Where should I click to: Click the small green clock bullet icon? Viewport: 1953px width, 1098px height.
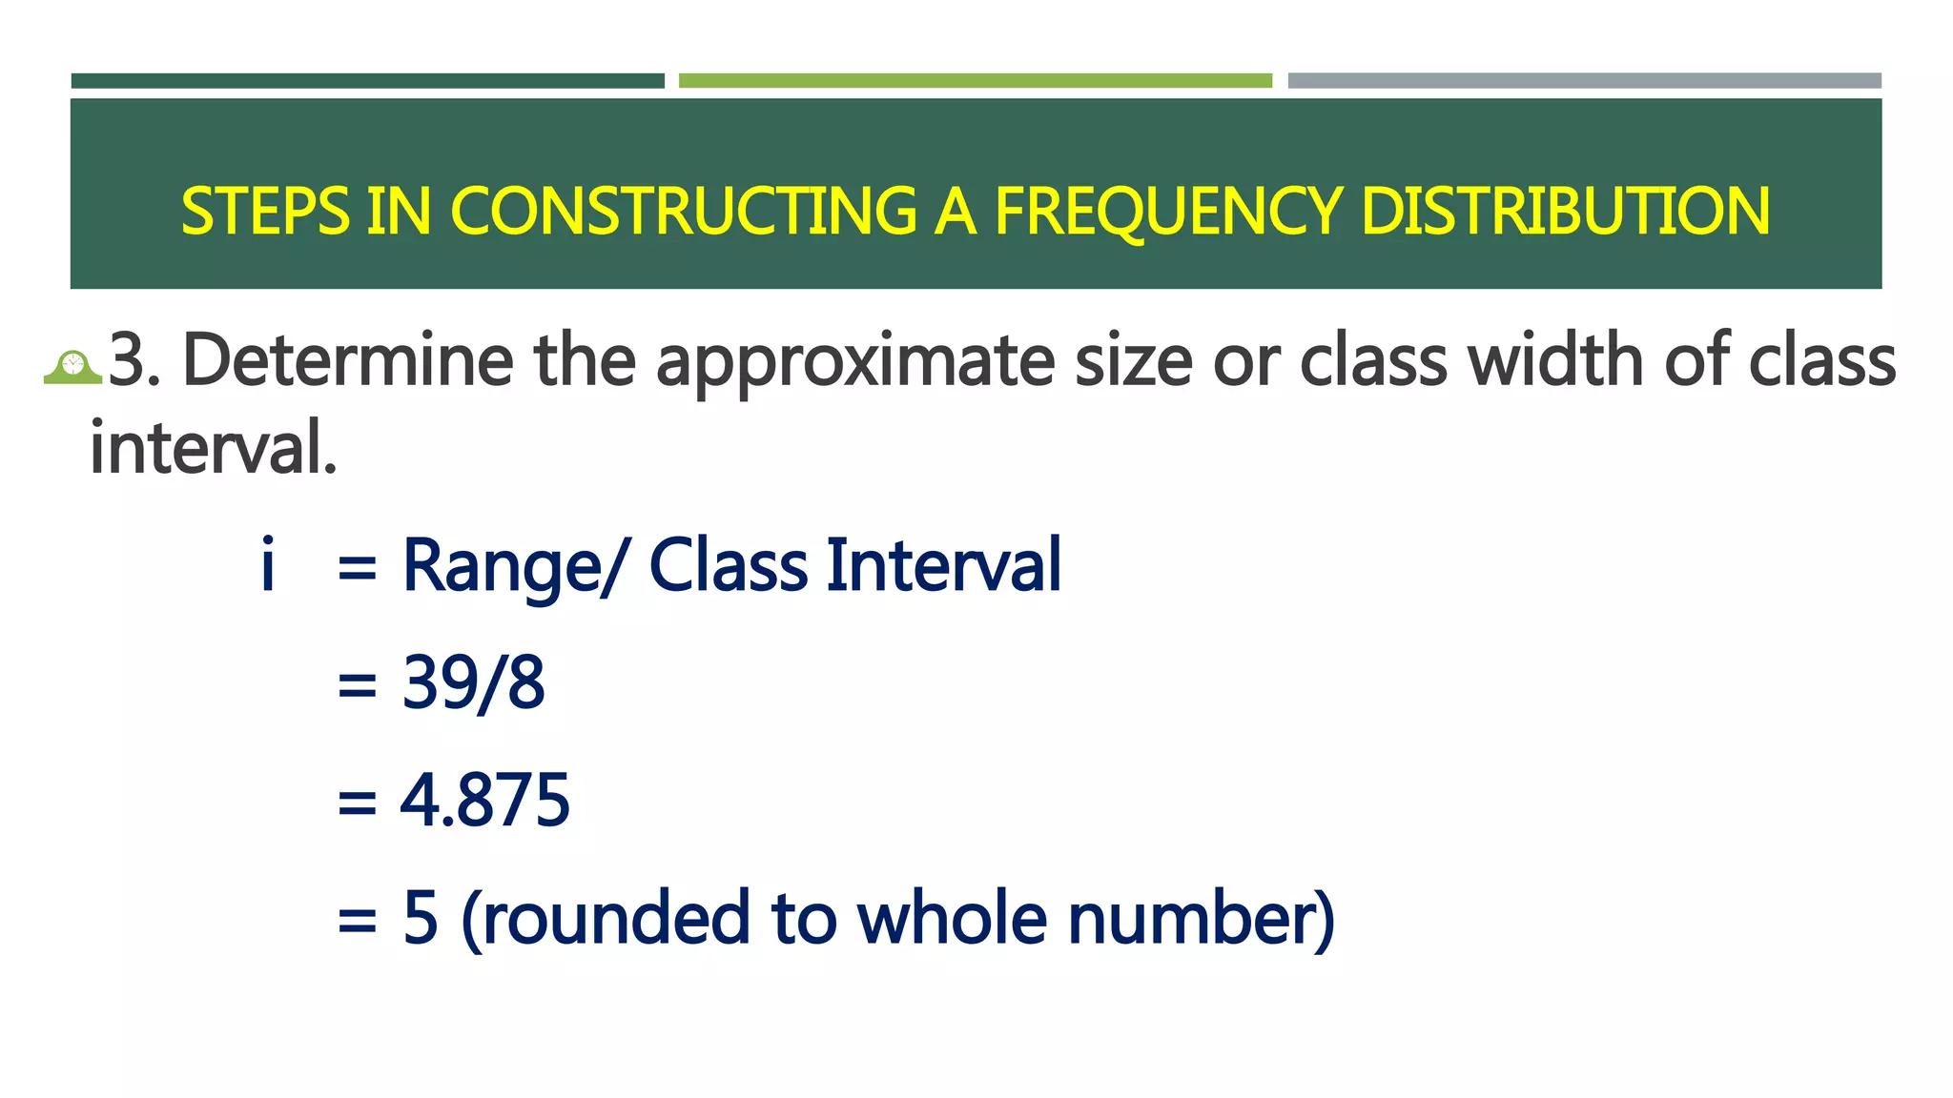pos(72,367)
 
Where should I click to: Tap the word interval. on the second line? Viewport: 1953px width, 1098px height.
pos(214,448)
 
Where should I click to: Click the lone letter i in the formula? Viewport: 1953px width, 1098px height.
pos(268,564)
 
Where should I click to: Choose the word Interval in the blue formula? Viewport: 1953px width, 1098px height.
pos(943,565)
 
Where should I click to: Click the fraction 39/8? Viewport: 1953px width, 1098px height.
pos(473,682)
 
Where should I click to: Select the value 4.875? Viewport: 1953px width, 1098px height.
pos(484,800)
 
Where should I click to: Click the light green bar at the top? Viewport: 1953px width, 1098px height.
pos(975,81)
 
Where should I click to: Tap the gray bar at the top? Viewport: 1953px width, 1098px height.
pos(1584,81)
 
